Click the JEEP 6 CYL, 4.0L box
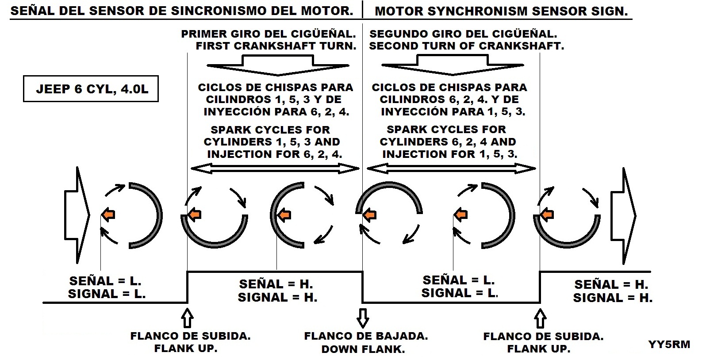coord(91,89)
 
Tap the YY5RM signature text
coord(669,345)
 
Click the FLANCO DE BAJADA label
coord(366,336)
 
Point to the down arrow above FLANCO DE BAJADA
coord(363,318)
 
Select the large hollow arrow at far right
coord(623,216)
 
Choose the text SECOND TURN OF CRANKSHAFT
coord(467,46)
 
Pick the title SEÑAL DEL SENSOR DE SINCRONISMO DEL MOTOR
coord(181,11)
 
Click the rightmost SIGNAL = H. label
coord(613,298)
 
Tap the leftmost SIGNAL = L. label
coord(107,294)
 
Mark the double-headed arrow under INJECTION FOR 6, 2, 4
coord(275,168)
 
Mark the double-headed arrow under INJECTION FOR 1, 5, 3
coord(451,168)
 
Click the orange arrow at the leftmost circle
coord(108,215)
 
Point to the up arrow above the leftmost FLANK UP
coord(188,318)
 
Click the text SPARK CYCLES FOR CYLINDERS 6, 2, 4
coord(447,136)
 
